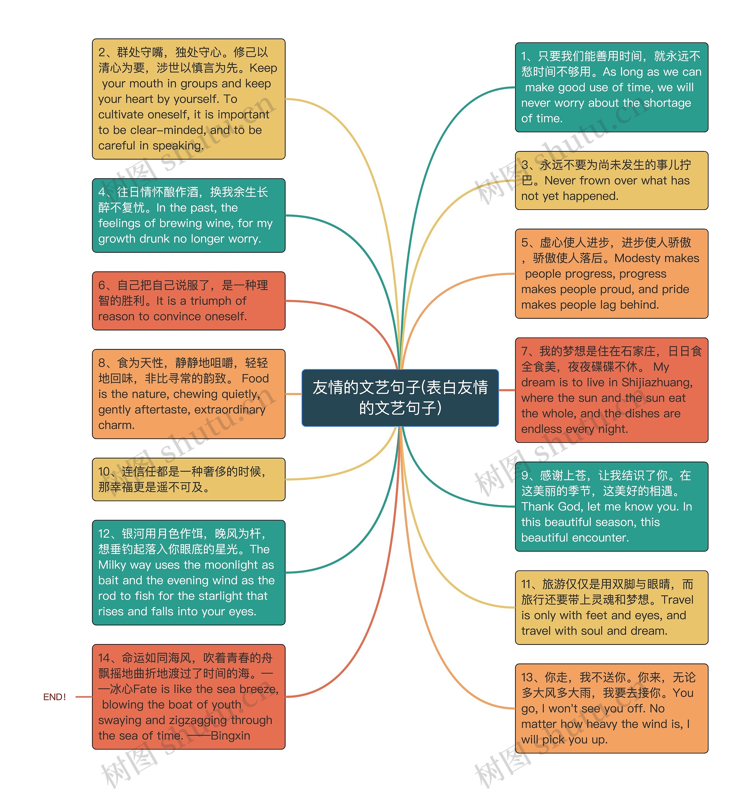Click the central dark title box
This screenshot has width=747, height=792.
tap(400, 398)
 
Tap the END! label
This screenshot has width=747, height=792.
tap(55, 697)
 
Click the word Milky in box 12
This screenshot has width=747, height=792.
tap(112, 565)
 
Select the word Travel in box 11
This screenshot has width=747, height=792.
tap(677, 600)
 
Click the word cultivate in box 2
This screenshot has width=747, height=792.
tap(121, 115)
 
